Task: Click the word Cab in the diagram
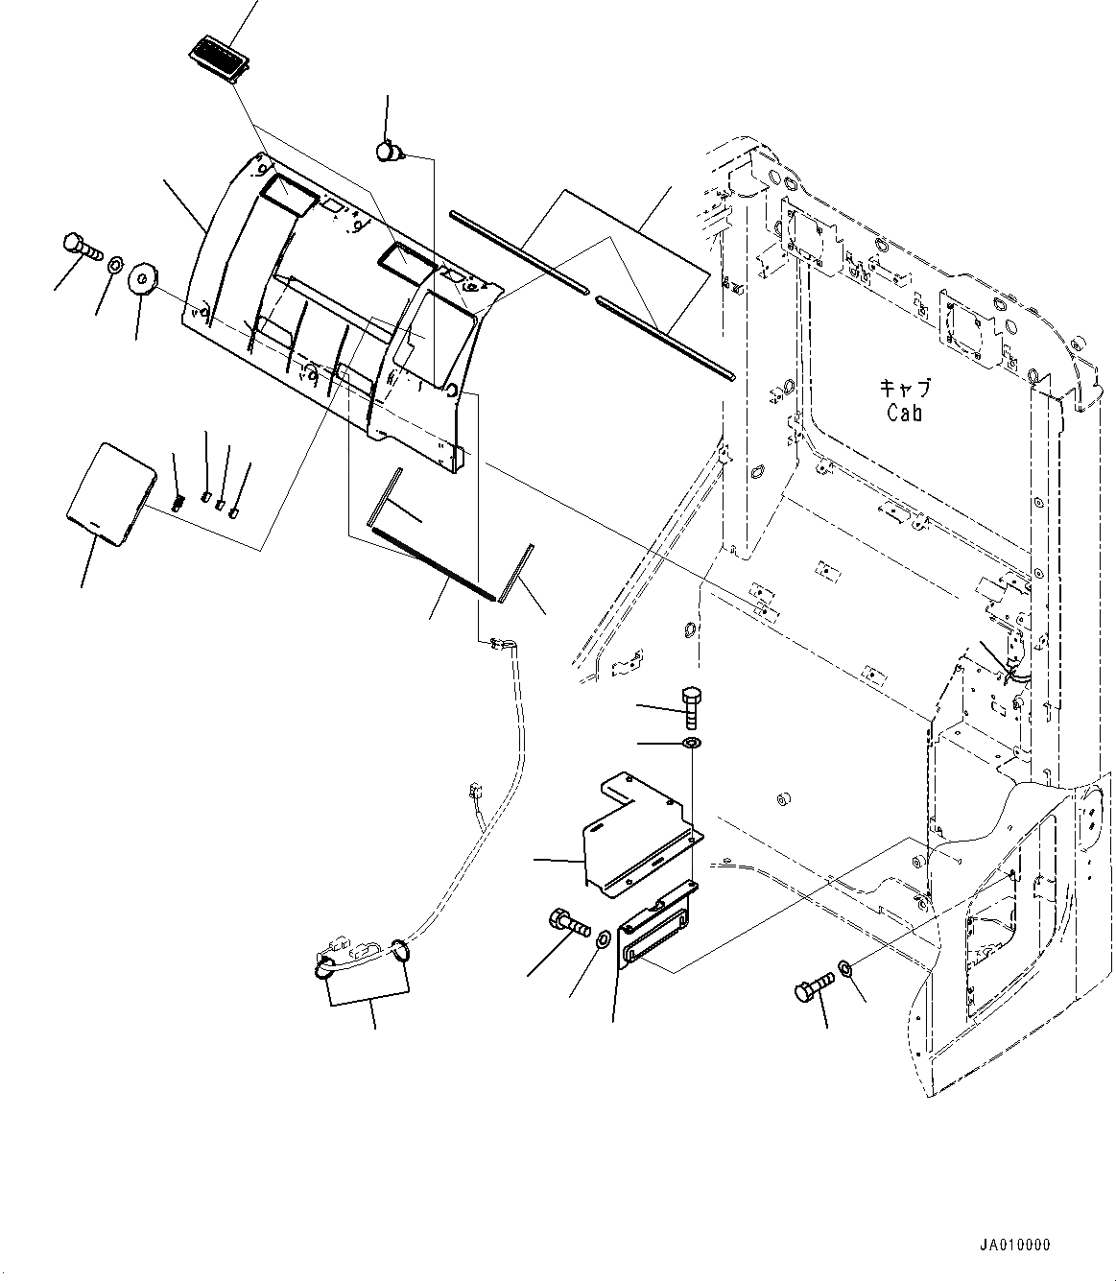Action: (903, 414)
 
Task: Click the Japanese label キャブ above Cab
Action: (905, 390)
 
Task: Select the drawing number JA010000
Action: (1014, 1245)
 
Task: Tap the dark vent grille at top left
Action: (219, 61)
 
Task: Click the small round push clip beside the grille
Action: (389, 151)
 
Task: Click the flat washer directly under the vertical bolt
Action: (691, 745)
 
